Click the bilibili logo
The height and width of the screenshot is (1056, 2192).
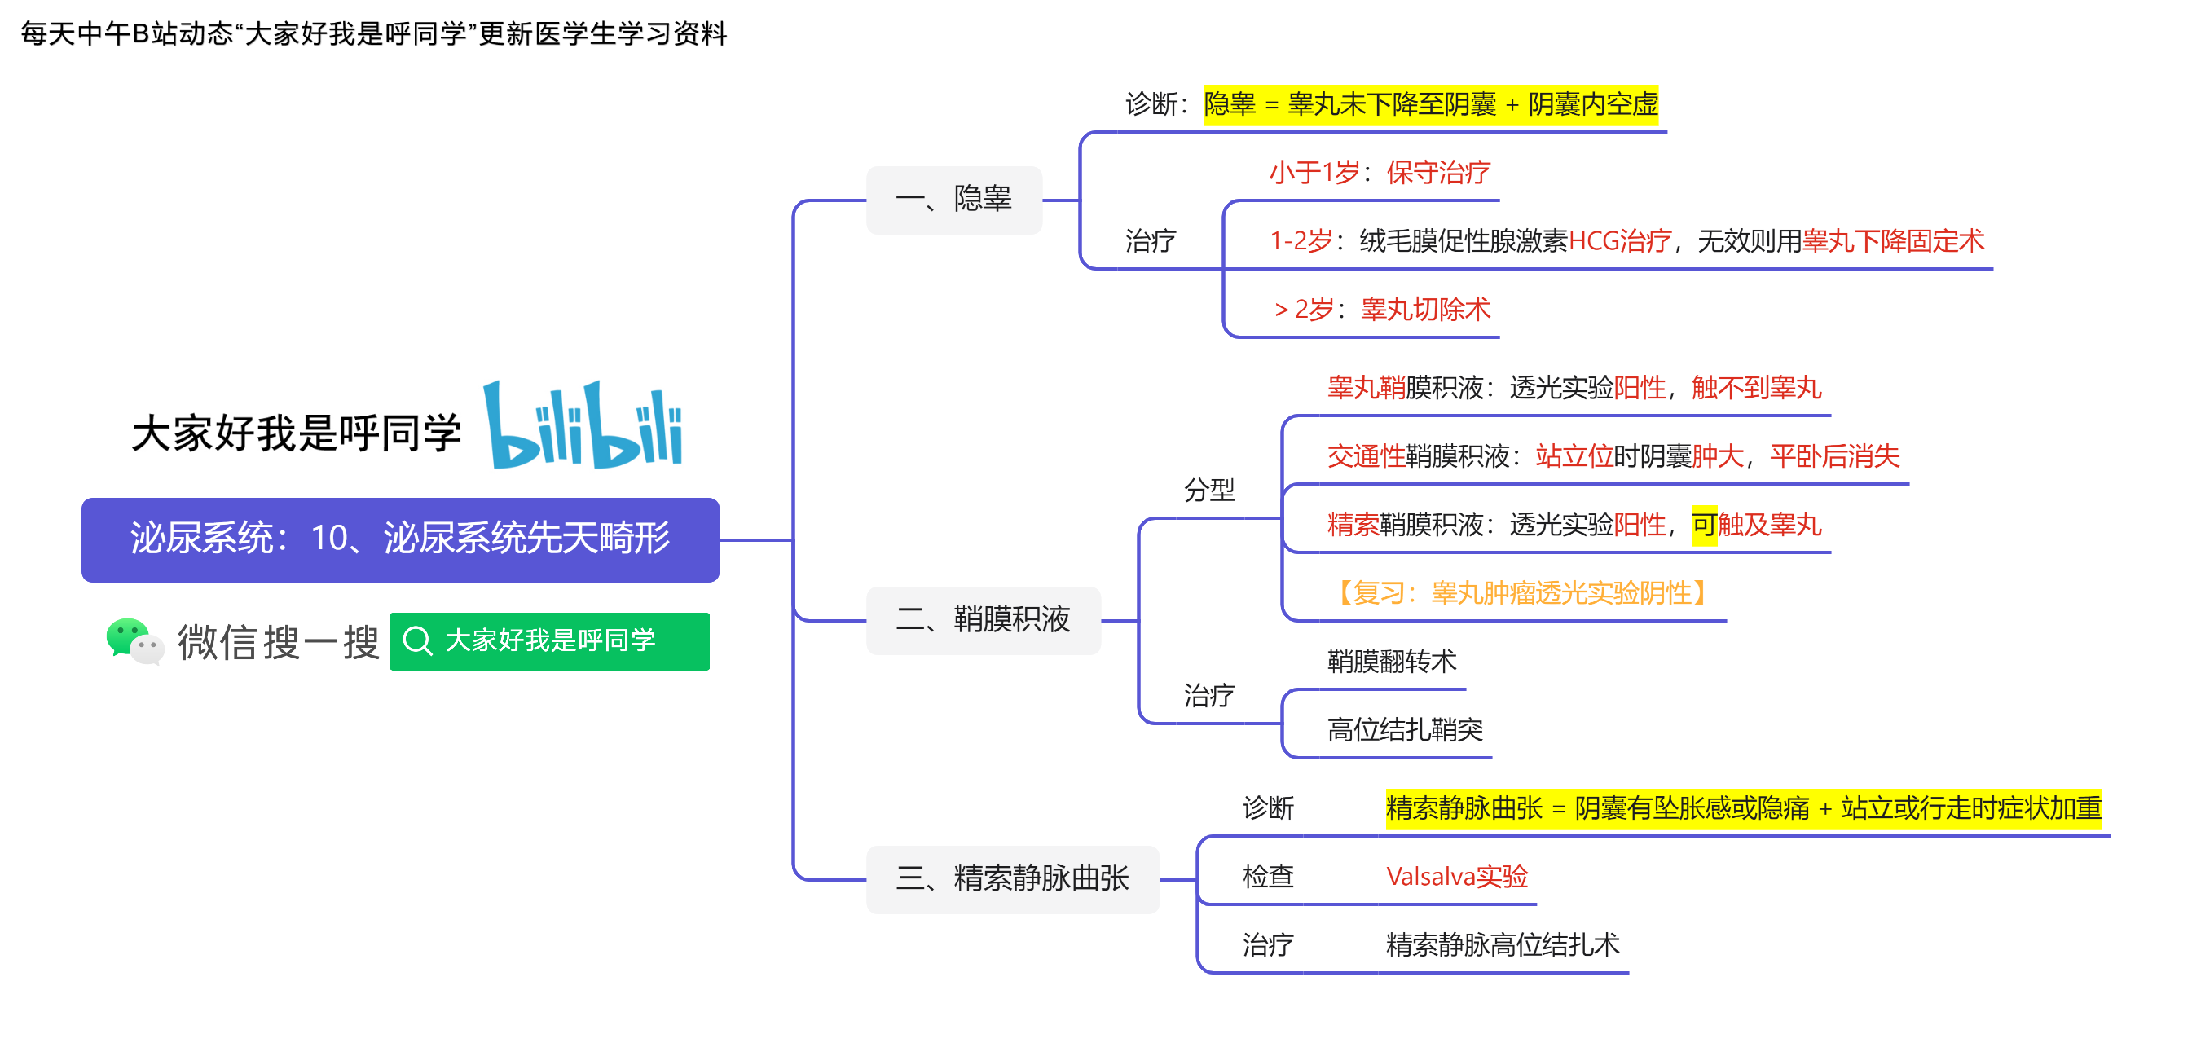583,425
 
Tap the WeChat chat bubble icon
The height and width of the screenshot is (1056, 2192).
134,640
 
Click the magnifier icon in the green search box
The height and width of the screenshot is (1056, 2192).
417,640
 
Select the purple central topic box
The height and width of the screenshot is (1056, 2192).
400,539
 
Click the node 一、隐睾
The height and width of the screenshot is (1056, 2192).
954,200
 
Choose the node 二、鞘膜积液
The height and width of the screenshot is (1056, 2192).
983,620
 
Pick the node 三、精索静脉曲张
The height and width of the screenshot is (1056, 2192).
1013,879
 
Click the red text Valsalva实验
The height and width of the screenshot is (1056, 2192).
1457,877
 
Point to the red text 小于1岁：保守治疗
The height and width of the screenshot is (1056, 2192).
1380,173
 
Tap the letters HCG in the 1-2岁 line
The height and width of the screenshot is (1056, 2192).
1594,241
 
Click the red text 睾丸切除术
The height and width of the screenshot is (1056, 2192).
1425,309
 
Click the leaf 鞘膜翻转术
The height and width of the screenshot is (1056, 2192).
1392,661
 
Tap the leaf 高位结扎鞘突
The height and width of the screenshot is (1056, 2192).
1405,729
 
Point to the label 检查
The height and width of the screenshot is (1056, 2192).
1268,877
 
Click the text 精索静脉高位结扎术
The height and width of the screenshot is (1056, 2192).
1503,944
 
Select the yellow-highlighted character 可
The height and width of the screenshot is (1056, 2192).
1705,525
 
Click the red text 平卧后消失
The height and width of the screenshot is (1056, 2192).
1834,457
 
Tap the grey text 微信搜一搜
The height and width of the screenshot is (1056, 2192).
278,642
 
